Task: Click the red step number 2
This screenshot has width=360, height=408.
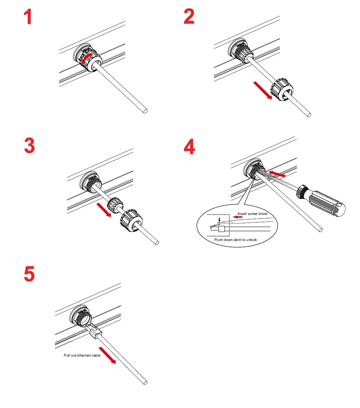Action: click(x=189, y=17)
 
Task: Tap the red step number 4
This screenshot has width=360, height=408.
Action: click(x=189, y=147)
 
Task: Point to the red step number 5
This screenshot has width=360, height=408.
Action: click(x=29, y=274)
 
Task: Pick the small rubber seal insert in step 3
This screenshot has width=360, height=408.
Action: click(x=114, y=206)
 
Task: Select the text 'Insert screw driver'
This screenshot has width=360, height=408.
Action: click(x=252, y=214)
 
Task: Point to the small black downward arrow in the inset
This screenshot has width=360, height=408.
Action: click(x=219, y=219)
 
